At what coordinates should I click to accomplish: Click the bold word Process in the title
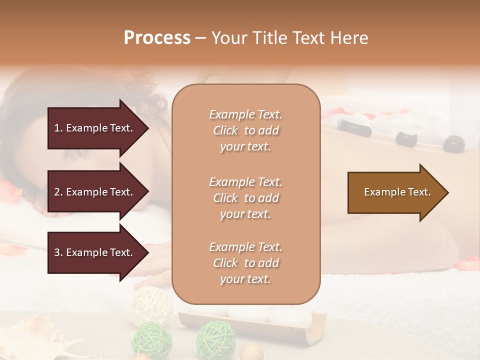(157, 38)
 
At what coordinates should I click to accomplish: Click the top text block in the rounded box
(245, 130)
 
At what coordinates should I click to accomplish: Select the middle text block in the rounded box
(245, 198)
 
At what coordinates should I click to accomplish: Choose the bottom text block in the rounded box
(245, 263)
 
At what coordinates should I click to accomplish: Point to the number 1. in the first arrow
(58, 128)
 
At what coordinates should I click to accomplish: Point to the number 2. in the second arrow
(58, 192)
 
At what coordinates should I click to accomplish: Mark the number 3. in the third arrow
(58, 252)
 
